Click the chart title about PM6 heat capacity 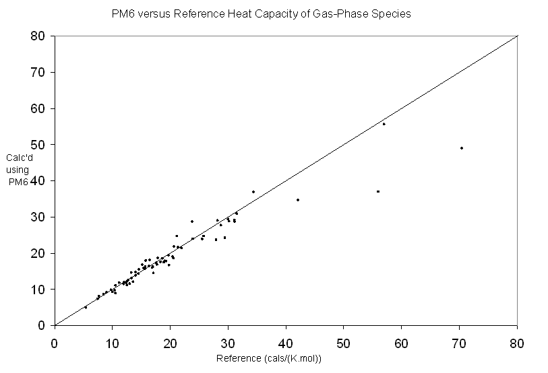click(x=260, y=13)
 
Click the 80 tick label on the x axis click(x=517, y=341)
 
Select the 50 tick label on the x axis click(x=344, y=341)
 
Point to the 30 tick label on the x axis click(x=228, y=341)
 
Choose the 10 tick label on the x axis click(x=112, y=341)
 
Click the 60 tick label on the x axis click(x=402, y=341)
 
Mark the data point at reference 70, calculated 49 click(x=462, y=148)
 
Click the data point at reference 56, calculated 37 click(x=378, y=191)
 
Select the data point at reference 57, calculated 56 click(x=384, y=124)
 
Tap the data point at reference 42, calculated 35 click(x=297, y=200)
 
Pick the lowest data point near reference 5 click(x=85, y=307)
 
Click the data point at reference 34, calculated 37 click(x=253, y=192)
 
